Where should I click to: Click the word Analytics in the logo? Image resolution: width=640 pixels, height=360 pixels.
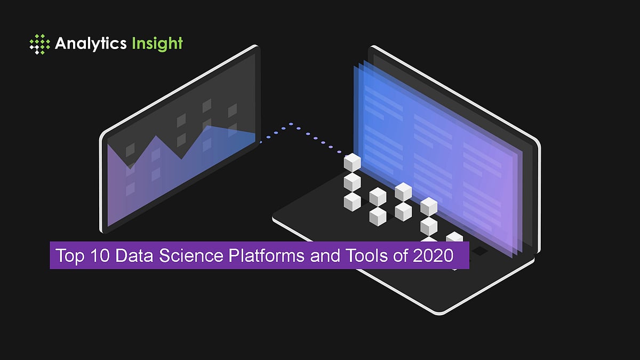coord(90,43)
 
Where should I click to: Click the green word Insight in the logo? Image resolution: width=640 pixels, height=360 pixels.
coord(155,43)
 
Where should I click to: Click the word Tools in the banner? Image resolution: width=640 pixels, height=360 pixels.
coord(363,256)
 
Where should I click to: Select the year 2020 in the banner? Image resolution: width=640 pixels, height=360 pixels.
coord(433,256)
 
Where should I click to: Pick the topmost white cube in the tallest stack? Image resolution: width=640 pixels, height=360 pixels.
coord(352,162)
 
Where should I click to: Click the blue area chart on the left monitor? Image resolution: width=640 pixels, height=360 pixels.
coord(176,171)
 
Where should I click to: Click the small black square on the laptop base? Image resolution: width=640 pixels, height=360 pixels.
coord(480,251)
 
